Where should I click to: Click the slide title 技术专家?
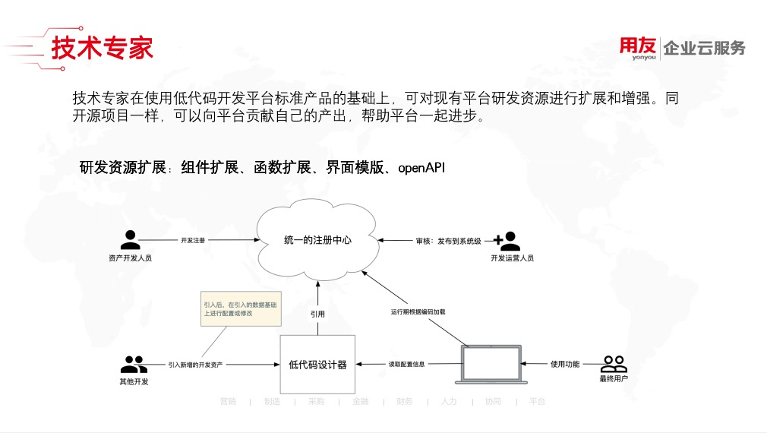pos(102,47)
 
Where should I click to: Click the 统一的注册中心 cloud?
pos(317,240)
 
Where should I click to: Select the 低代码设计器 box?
pos(317,365)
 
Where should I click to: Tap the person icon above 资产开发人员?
pos(131,240)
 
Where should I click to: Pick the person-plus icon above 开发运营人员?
pos(507,241)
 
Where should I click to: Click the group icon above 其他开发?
pos(134,364)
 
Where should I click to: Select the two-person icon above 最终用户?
pos(614,364)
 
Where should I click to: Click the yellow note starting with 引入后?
pos(230,308)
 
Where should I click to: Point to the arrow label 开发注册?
pos(193,240)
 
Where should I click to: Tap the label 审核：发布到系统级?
pos(448,241)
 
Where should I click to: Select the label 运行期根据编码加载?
pos(418,311)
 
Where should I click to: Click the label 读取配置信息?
pos(406,365)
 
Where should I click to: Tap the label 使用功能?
pos(564,365)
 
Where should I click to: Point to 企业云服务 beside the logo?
pos(704,49)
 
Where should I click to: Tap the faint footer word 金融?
pos(361,401)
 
